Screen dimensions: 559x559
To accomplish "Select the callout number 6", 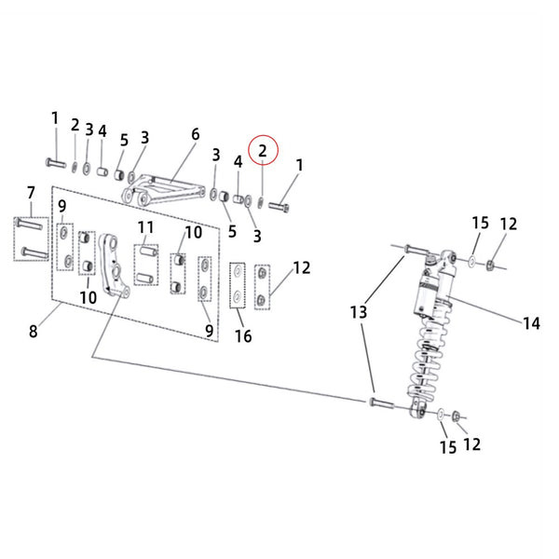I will point(196,134).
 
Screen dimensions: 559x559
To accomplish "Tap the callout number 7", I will point(30,193).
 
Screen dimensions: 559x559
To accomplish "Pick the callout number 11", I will point(146,227).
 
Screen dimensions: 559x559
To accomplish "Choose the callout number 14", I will point(530,323).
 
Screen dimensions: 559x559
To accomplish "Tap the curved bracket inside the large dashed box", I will point(115,266).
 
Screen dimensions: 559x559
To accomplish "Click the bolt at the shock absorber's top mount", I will point(415,250).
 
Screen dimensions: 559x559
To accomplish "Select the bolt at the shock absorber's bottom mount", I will point(383,402).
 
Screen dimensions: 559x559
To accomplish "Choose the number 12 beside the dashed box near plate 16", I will point(301,268).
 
